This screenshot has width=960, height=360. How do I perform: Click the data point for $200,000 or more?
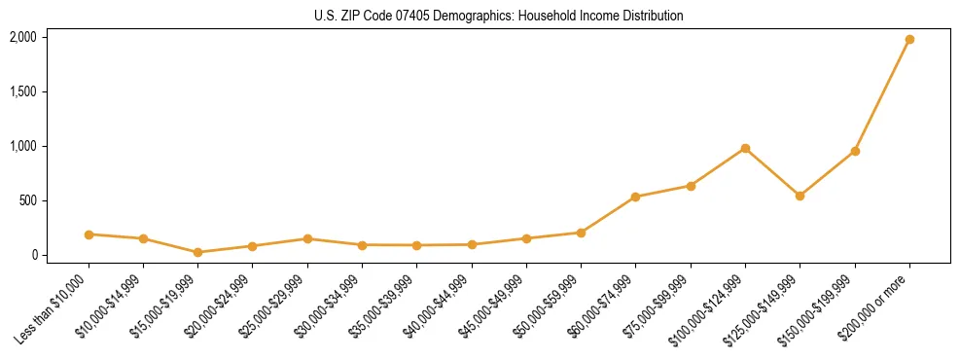(909, 40)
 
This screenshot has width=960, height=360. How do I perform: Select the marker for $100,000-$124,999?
(745, 148)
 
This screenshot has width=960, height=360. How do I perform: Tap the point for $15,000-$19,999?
(198, 252)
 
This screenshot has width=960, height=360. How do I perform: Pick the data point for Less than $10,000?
(89, 234)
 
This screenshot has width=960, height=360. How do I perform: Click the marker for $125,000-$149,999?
(800, 196)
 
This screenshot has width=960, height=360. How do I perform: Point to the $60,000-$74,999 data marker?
(635, 197)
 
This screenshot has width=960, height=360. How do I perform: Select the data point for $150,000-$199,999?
(855, 151)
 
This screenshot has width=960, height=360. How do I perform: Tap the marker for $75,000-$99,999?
(691, 186)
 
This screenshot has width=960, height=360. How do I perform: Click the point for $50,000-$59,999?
(581, 233)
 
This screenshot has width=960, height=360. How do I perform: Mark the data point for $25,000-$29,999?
(307, 238)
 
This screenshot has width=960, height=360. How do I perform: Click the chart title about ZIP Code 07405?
(498, 16)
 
